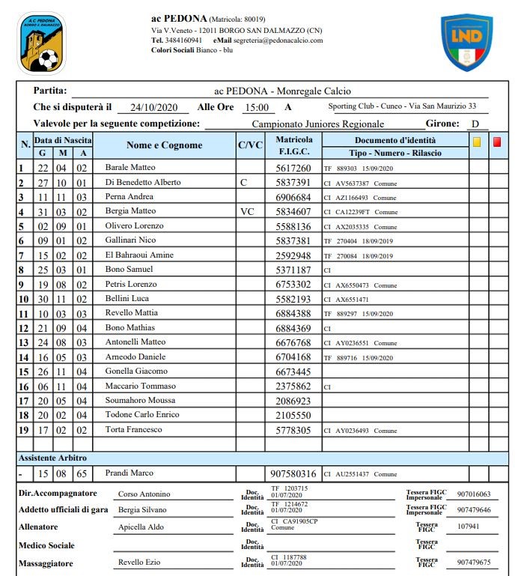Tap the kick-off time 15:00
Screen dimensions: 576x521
pyautogui.click(x=257, y=107)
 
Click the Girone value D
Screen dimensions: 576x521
pyautogui.click(x=475, y=124)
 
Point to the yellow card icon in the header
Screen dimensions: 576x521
pyautogui.click(x=477, y=141)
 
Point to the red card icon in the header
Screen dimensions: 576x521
pyautogui.click(x=497, y=141)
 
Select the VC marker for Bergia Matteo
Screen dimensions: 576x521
pyautogui.click(x=247, y=212)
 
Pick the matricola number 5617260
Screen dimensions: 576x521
pyautogui.click(x=294, y=169)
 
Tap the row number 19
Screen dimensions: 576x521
pyautogui.click(x=25, y=431)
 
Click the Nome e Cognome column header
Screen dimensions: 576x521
pyautogui.click(x=164, y=145)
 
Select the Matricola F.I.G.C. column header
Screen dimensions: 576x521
pyautogui.click(x=294, y=146)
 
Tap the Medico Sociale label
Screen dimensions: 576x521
pyautogui.click(x=46, y=545)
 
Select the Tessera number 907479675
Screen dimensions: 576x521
pyautogui.click(x=473, y=563)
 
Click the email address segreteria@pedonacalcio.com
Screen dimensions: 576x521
pyautogui.click(x=278, y=40)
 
